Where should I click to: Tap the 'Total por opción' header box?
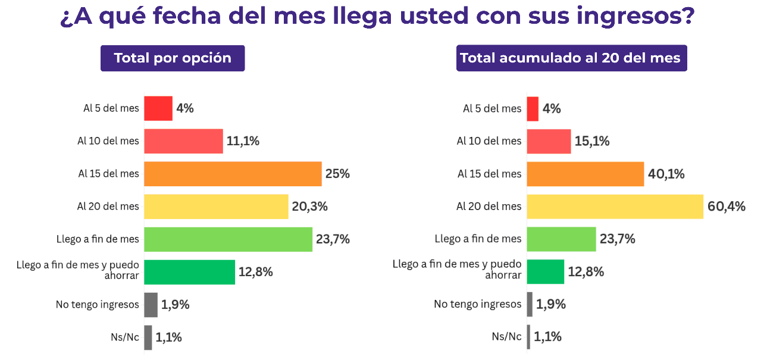[x=173, y=58]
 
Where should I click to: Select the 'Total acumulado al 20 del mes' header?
[x=571, y=58]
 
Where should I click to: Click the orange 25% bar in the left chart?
[x=233, y=174]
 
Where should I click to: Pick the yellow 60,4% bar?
[x=615, y=206]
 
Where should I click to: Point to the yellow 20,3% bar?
[x=216, y=206]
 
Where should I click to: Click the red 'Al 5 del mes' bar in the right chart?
[x=533, y=109]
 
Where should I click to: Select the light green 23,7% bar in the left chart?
[x=228, y=239]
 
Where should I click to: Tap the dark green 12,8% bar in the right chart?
[x=545, y=272]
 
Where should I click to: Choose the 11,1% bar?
[x=183, y=141]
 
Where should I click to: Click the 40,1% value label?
[x=666, y=174]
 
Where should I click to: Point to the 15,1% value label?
[x=592, y=142]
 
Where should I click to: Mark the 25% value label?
[x=337, y=174]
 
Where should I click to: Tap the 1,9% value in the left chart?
[x=175, y=305]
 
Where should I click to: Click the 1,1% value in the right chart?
[x=547, y=337]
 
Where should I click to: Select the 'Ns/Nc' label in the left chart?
[x=124, y=337]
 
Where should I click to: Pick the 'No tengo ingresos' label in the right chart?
[x=477, y=305]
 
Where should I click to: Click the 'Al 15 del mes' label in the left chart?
[x=108, y=174]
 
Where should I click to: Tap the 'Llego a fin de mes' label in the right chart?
[x=478, y=239]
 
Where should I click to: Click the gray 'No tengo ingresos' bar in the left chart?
[x=151, y=305]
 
